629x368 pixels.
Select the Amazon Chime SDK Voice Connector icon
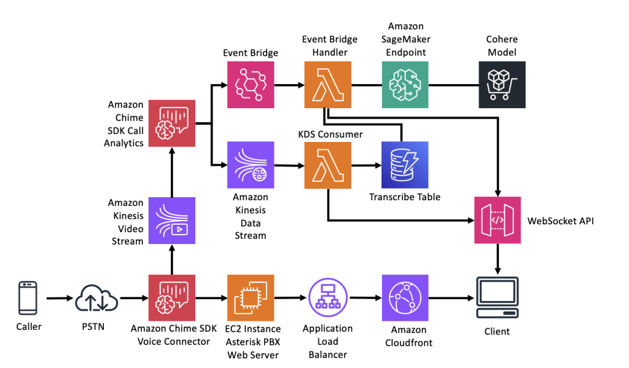pyautogui.click(x=172, y=298)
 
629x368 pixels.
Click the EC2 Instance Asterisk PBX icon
pyautogui.click(x=250, y=298)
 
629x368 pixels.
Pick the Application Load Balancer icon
pyautogui.click(x=327, y=298)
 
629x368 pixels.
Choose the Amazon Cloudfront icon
pyautogui.click(x=405, y=298)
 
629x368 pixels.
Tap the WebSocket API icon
pyautogui.click(x=497, y=220)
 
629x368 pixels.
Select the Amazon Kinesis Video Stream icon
pyautogui.click(x=172, y=220)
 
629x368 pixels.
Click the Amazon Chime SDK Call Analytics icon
pyautogui.click(x=172, y=123)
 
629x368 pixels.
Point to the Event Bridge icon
pyautogui.click(x=250, y=85)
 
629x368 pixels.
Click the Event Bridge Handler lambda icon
pyautogui.click(x=327, y=85)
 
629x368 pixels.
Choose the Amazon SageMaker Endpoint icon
pyautogui.click(x=405, y=85)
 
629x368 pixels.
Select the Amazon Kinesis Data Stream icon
pyautogui.click(x=250, y=165)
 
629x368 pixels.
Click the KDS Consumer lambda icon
pyautogui.click(x=327, y=165)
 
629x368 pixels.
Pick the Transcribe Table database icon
pyautogui.click(x=405, y=165)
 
